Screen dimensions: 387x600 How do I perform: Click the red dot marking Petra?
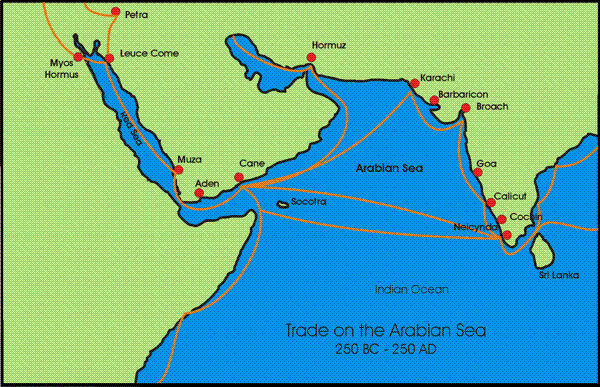(115, 13)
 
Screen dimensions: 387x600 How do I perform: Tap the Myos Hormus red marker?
(79, 57)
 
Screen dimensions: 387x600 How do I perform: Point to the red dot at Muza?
(178, 171)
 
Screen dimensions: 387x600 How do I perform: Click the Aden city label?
(206, 183)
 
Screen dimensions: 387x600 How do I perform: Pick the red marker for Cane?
(238, 179)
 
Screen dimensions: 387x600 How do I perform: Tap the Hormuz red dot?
(312, 58)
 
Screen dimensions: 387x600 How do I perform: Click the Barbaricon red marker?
(433, 99)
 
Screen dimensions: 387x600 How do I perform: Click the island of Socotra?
(283, 205)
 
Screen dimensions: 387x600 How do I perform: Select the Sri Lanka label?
(557, 273)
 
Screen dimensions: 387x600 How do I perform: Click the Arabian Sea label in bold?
(390, 169)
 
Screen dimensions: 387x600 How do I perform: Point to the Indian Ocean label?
(411, 289)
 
